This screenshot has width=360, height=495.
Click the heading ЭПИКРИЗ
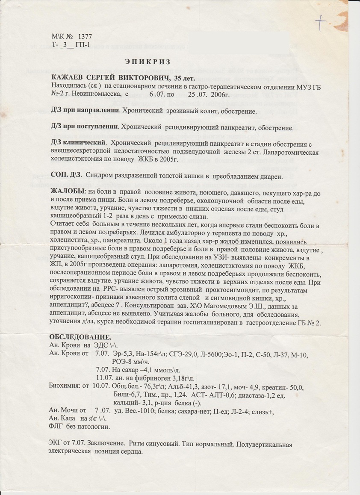[x=148, y=62]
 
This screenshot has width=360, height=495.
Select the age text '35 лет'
[x=183, y=77]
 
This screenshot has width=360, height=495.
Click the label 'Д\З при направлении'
[x=85, y=111]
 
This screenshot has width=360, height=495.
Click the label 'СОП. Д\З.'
[x=68, y=175]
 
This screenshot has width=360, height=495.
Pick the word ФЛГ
[x=57, y=427]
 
